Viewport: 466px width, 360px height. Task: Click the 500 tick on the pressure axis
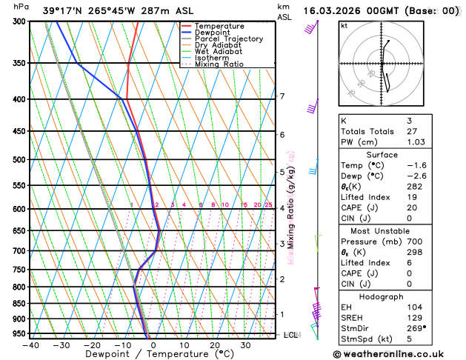tap(19, 159)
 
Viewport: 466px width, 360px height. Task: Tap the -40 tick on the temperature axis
tap(30, 344)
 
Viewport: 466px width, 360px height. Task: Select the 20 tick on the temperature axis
tap(214, 344)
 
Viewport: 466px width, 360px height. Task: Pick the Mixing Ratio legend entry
tap(219, 64)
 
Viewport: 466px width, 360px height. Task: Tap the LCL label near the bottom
tap(290, 335)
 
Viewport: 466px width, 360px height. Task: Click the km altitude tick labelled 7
tap(282, 96)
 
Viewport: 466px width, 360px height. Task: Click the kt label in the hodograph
tap(344, 25)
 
